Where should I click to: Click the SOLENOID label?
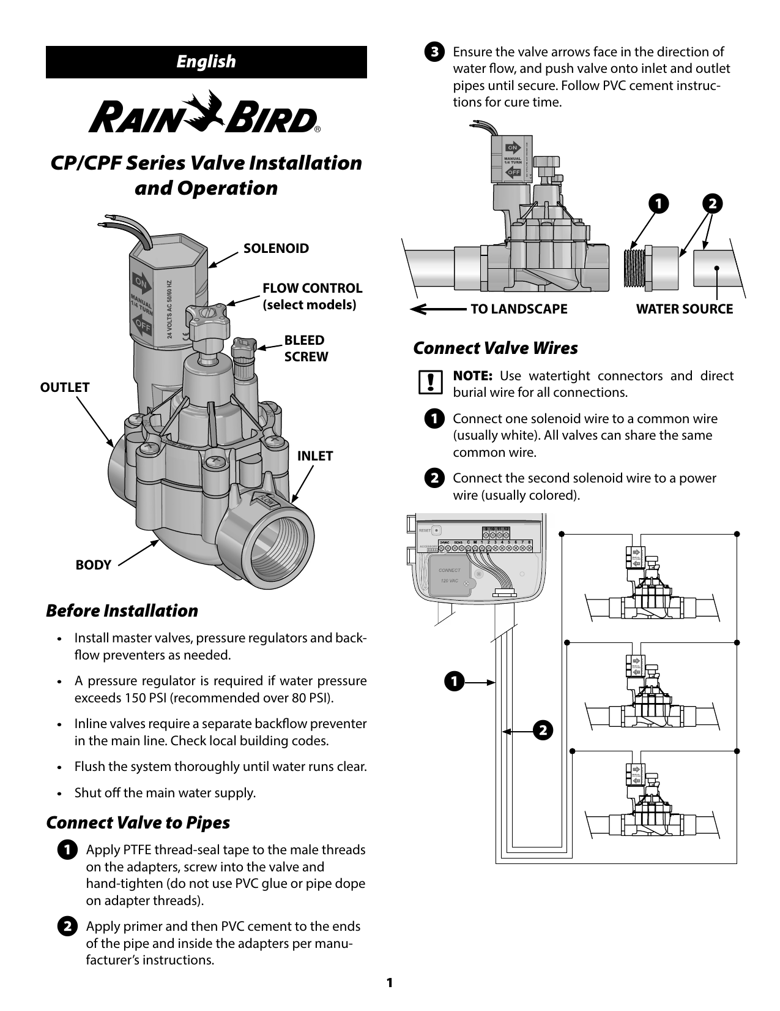pos(276,249)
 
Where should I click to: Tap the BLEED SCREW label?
pos(305,348)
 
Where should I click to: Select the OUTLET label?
pos(65,387)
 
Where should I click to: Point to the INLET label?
pos(315,456)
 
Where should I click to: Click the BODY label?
pos(94,565)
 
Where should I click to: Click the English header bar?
pos(206,62)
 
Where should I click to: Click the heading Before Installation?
pos(122,611)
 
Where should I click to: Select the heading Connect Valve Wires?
pos(496,348)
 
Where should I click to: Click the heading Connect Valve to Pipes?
pos(138,822)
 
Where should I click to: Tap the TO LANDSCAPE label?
pos(519,309)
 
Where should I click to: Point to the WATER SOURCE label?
pos(684,309)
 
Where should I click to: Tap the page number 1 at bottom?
pos(389,983)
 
